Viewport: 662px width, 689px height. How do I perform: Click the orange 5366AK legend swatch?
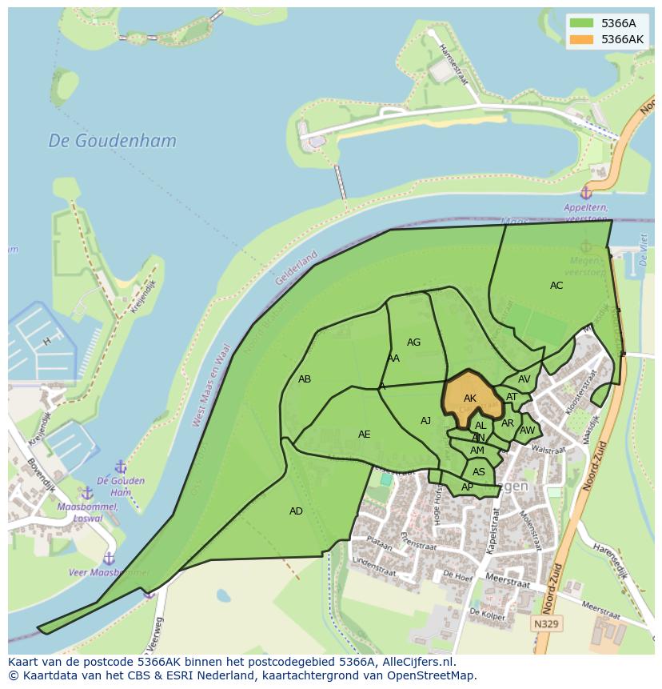[581, 39]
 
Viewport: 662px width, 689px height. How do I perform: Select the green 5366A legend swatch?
[581, 23]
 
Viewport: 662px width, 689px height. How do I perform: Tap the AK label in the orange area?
[470, 399]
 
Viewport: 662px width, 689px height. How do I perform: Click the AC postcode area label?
[556, 286]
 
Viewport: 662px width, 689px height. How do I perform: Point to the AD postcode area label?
[296, 511]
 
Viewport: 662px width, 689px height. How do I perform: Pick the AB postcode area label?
[305, 379]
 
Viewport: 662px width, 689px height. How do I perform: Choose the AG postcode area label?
[413, 342]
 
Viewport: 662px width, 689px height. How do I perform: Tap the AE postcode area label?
[364, 435]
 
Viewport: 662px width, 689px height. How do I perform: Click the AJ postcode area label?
[426, 421]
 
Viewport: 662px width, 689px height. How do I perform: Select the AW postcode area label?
[527, 431]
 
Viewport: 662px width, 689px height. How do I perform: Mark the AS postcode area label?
[478, 472]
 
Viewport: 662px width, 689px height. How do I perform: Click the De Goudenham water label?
[112, 141]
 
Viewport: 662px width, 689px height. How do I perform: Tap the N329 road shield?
[547, 623]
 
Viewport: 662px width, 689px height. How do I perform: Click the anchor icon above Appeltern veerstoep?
[586, 193]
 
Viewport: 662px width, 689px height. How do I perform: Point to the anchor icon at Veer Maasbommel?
[110, 558]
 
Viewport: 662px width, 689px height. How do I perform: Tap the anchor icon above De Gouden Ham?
[121, 467]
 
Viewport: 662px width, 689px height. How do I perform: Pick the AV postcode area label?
[524, 379]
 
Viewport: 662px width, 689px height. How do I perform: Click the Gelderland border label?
[296, 268]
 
